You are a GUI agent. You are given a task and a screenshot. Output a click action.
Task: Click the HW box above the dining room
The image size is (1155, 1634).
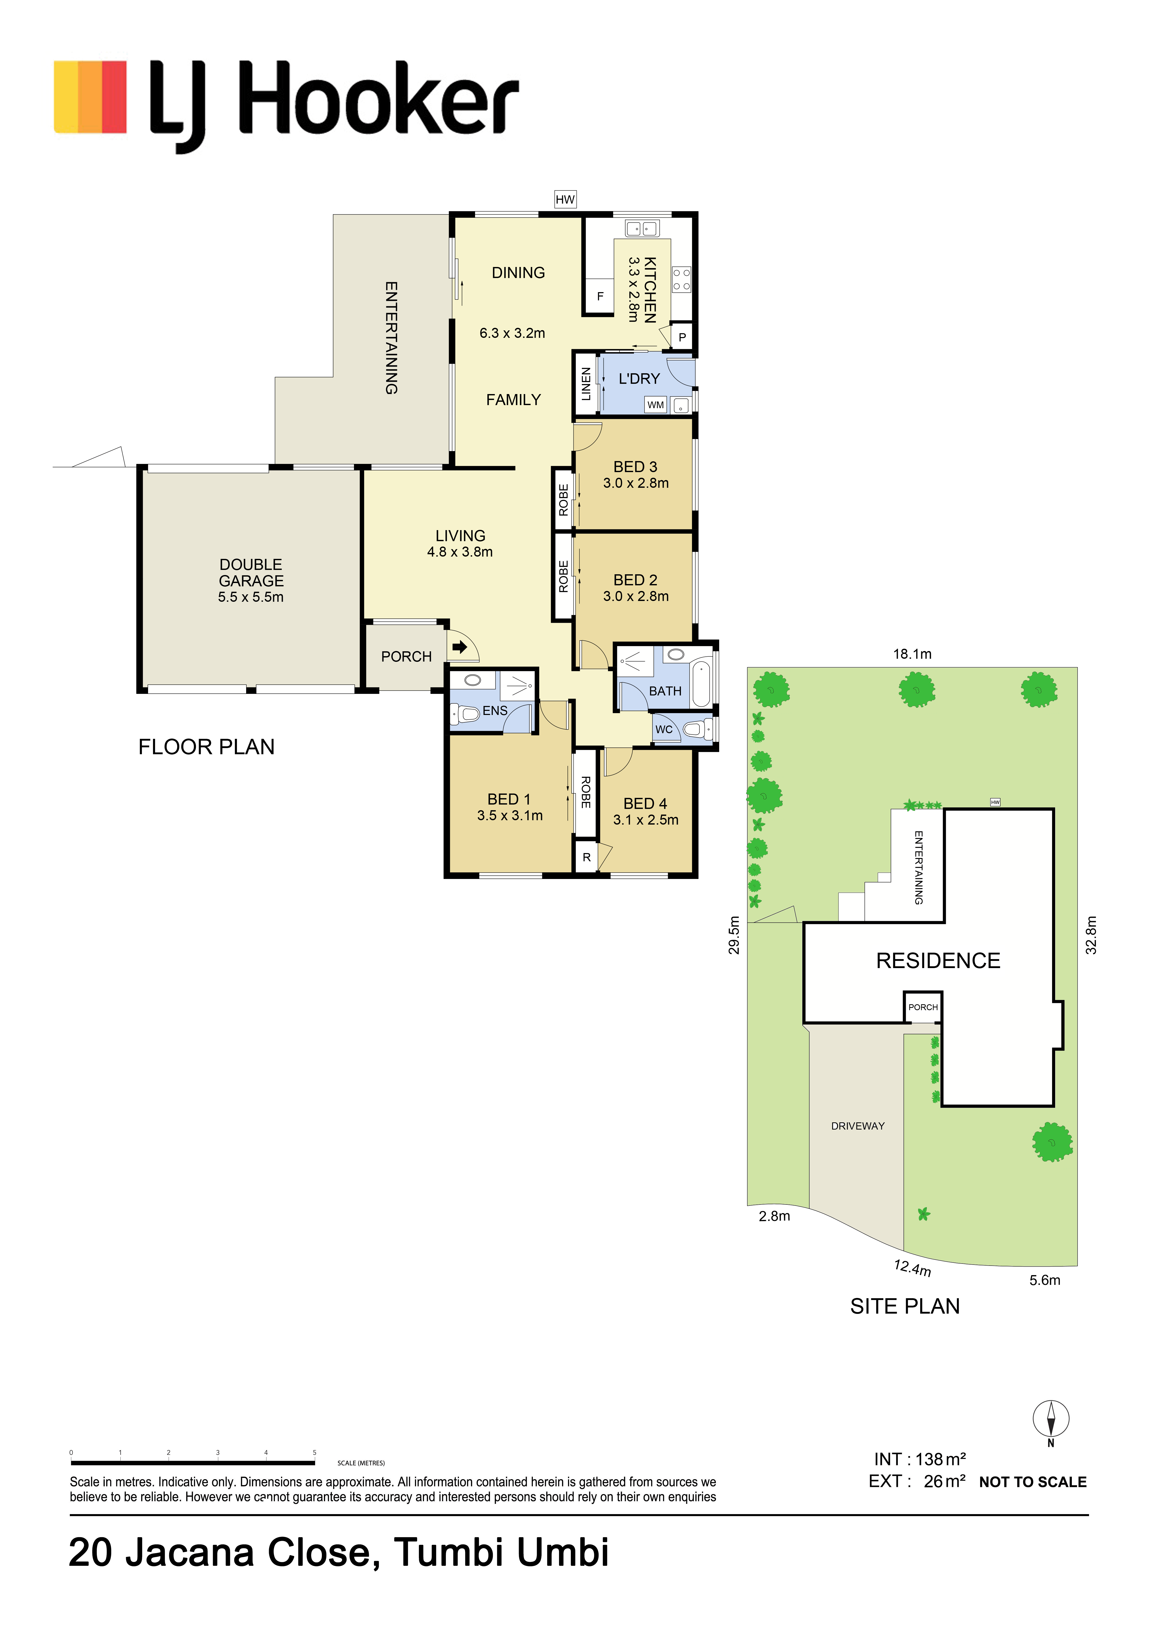click(x=565, y=199)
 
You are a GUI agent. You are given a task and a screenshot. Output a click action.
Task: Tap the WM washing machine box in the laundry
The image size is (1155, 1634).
click(x=656, y=405)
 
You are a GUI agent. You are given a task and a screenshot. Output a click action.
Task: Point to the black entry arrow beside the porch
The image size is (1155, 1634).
click(x=460, y=647)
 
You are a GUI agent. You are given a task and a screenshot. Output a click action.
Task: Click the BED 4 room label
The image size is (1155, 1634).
click(x=646, y=804)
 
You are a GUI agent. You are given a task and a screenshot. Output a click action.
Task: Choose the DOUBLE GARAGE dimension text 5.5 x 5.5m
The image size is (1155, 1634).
click(x=251, y=597)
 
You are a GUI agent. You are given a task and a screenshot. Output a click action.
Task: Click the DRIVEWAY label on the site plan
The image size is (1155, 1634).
click(x=858, y=1126)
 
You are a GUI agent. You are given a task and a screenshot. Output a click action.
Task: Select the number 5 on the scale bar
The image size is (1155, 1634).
click(x=315, y=1453)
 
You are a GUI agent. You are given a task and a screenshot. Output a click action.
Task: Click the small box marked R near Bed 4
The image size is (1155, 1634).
click(x=586, y=858)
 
